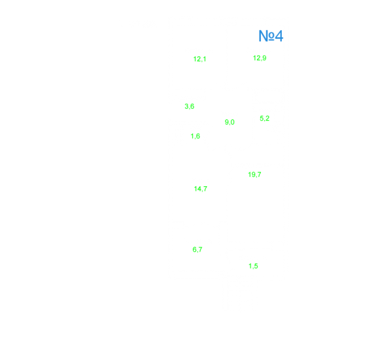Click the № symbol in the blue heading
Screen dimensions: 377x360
[x=266, y=36]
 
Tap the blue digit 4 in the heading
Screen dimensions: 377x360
[x=279, y=36]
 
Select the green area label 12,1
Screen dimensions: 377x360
[x=200, y=59]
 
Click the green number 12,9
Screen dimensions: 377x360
[x=260, y=58]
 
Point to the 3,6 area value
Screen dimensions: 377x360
[x=189, y=106]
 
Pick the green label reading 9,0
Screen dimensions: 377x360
[x=229, y=122]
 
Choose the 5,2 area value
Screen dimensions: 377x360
[x=264, y=118]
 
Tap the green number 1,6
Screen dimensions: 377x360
[x=195, y=136]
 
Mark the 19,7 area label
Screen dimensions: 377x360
[x=254, y=174]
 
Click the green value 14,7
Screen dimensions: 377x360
[x=201, y=189]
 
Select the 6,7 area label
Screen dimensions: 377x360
[x=197, y=250]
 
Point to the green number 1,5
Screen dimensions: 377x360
[x=253, y=266]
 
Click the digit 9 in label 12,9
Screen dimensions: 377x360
[x=264, y=58]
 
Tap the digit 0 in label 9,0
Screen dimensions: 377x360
[x=232, y=122]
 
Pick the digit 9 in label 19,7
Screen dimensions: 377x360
[x=253, y=174]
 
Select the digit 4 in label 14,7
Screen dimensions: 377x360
[x=199, y=189]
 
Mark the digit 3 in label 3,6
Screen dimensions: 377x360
[x=187, y=106]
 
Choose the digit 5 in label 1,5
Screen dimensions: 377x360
[x=256, y=266]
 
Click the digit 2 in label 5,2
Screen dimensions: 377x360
[x=268, y=118]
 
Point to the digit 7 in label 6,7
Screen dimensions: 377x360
[x=200, y=249]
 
